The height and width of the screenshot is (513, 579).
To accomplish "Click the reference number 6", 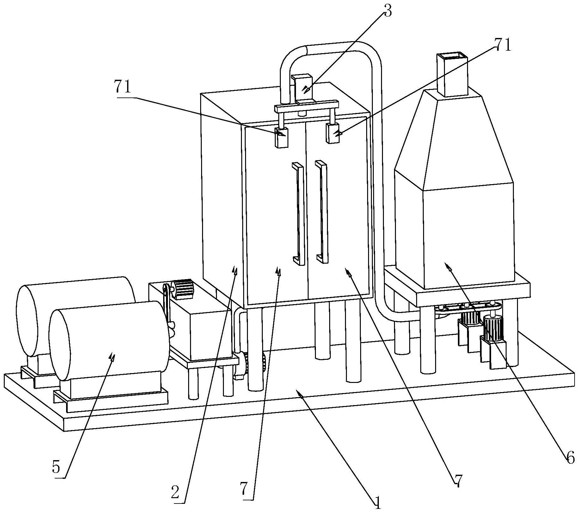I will click(570, 458).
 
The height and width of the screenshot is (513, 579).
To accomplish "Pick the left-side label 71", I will click(123, 87).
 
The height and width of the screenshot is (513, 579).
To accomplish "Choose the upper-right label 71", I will click(503, 45).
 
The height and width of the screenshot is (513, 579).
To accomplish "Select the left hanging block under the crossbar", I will click(281, 137).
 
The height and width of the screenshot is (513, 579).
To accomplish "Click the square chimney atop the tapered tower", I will click(452, 75).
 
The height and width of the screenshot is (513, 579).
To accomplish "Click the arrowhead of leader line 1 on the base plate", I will click(298, 392).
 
